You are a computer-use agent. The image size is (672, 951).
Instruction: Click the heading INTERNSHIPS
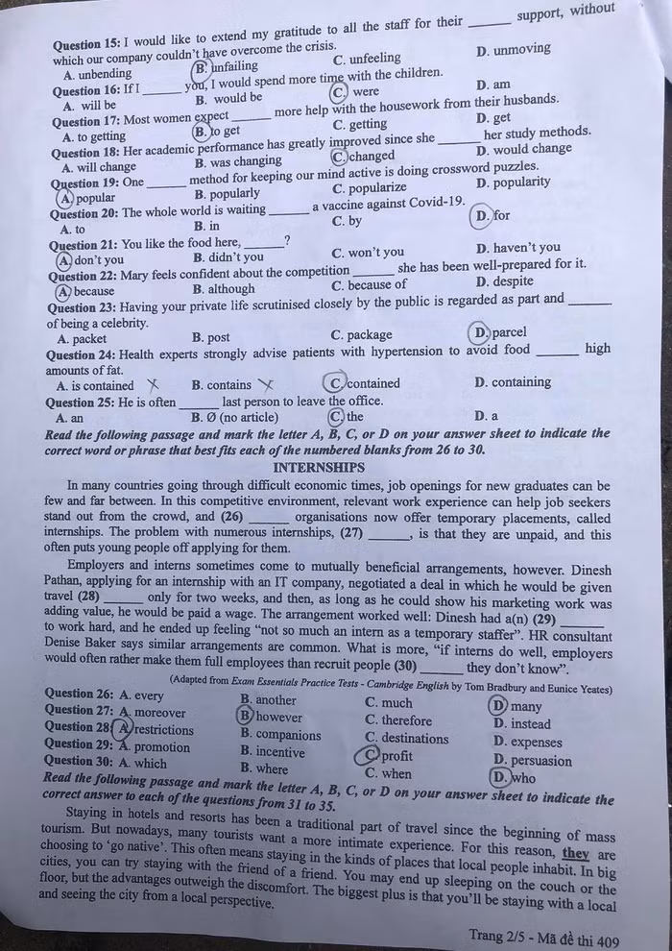[319, 468]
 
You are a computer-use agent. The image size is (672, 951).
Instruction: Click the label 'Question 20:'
[84, 213]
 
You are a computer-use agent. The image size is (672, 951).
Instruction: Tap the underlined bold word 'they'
[576, 852]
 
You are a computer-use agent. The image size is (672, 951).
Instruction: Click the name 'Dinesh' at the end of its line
[586, 571]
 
